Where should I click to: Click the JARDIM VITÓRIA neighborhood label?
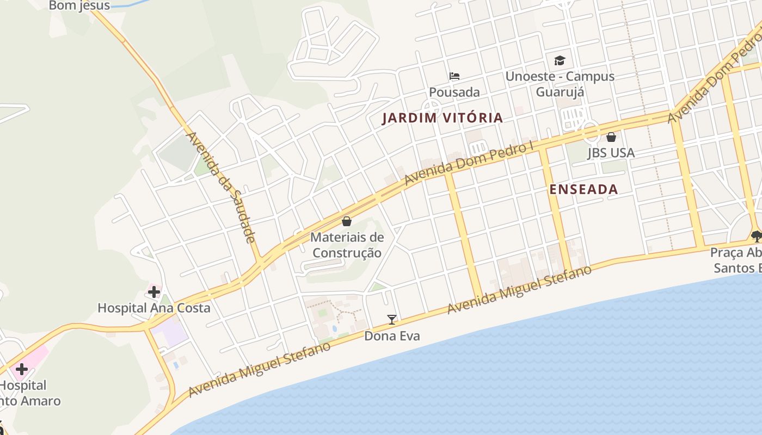pyautogui.click(x=442, y=118)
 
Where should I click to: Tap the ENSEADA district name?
pyautogui.click(x=583, y=189)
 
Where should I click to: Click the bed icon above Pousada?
pyautogui.click(x=454, y=76)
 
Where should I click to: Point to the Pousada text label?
pyautogui.click(x=454, y=92)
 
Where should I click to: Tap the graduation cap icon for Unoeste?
pyautogui.click(x=560, y=60)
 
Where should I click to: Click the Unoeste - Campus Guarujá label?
pyautogui.click(x=560, y=84)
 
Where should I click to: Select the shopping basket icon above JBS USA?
pyautogui.click(x=611, y=137)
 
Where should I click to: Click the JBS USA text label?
pyautogui.click(x=611, y=153)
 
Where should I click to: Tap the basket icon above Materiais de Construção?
pyautogui.click(x=347, y=221)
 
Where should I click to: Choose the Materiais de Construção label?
pyautogui.click(x=347, y=245)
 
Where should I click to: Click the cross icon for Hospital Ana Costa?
pyautogui.click(x=154, y=292)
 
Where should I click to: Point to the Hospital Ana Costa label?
pyautogui.click(x=153, y=308)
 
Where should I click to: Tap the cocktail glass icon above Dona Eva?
pyautogui.click(x=391, y=320)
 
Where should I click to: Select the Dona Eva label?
pyautogui.click(x=392, y=336)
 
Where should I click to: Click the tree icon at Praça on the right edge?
pyautogui.click(x=756, y=236)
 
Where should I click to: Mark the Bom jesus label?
pyautogui.click(x=79, y=6)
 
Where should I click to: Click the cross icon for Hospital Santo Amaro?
pyautogui.click(x=22, y=370)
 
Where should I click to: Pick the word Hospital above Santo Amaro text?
pyautogui.click(x=23, y=386)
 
